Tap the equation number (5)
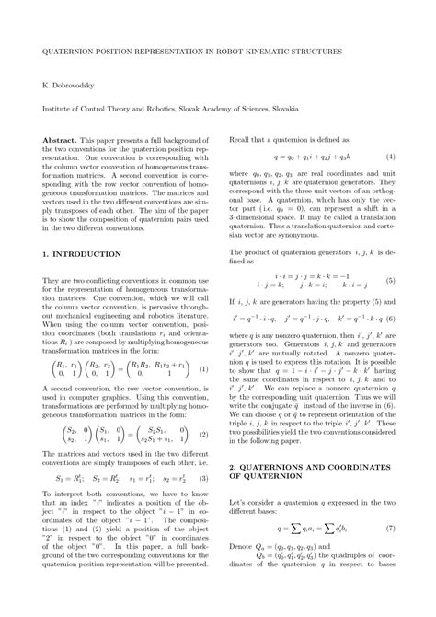tap(390, 280)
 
